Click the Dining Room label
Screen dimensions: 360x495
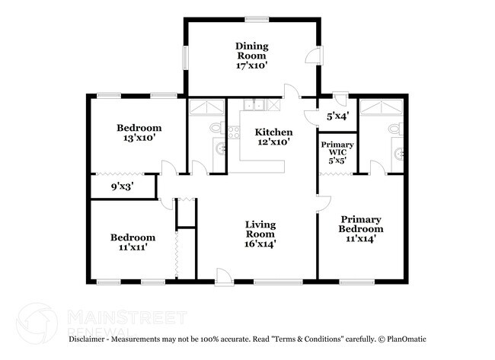coord(251,56)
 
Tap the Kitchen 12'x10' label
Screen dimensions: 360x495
coord(273,137)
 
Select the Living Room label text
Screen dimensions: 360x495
coord(260,234)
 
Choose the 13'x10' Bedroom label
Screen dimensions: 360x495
coord(139,133)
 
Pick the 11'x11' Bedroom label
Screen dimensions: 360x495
coord(133,242)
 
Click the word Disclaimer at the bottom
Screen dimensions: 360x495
coord(91,338)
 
